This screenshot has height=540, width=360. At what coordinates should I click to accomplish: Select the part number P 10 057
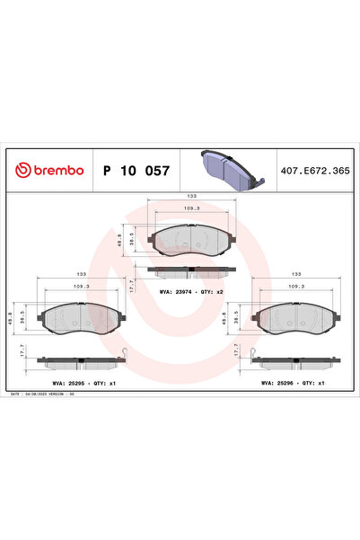coord(136,170)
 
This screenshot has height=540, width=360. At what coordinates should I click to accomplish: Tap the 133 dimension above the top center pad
coord(191,195)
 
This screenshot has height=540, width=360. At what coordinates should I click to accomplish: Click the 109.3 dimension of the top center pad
coord(191,209)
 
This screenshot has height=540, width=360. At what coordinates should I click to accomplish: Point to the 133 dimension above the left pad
coord(82,273)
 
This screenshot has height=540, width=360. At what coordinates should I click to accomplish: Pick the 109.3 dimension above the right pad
coord(296,288)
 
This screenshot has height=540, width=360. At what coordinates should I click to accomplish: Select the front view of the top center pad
coord(190,238)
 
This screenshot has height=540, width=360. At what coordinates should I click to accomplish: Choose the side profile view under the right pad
coord(294,361)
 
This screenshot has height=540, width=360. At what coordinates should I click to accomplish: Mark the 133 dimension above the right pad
coord(296,273)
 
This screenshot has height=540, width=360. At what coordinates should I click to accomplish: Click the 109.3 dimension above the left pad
coord(82,288)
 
